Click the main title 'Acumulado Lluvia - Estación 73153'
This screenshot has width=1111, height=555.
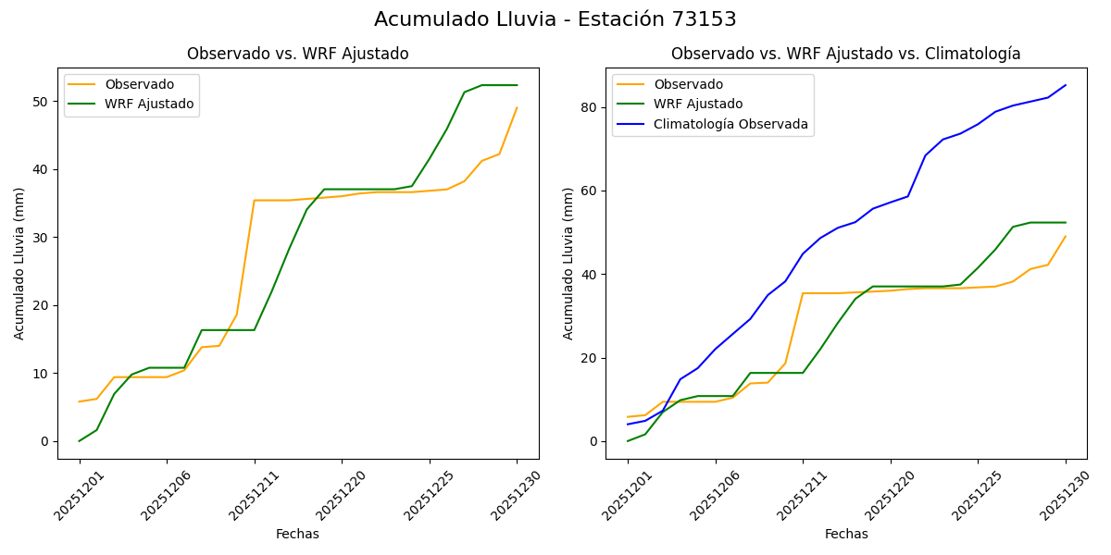click(x=555, y=19)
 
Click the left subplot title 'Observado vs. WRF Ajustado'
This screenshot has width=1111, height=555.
click(x=297, y=54)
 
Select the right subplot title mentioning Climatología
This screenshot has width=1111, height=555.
click(x=845, y=54)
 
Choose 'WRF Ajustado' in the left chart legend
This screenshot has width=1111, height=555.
click(x=149, y=104)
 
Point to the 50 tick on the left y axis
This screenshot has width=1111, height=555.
click(x=42, y=101)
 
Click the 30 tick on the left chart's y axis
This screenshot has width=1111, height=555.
click(x=42, y=237)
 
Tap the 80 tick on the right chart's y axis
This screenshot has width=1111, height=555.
click(x=591, y=107)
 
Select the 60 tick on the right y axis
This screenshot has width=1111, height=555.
click(x=591, y=191)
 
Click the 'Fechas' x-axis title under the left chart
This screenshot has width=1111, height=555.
click(x=297, y=534)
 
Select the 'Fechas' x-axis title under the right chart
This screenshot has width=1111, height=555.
click(x=846, y=534)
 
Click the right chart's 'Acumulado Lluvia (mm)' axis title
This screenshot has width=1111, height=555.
click(x=568, y=263)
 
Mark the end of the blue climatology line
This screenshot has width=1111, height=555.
click(x=1065, y=85)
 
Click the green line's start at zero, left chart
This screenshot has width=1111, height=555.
click(x=80, y=440)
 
